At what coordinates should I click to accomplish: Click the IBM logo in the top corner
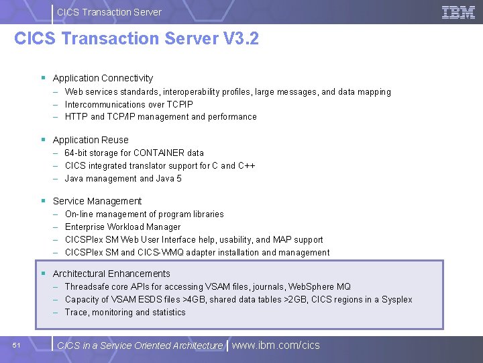(x=459, y=12)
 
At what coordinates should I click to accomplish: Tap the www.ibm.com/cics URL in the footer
(x=276, y=346)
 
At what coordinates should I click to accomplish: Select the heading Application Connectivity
(x=103, y=78)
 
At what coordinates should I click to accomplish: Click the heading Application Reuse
(x=91, y=140)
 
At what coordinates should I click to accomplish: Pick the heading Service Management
(x=97, y=201)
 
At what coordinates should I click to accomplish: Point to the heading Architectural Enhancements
(x=111, y=274)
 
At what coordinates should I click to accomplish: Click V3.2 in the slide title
(x=239, y=38)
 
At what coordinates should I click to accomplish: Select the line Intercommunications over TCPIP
(x=129, y=104)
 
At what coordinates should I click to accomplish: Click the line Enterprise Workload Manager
(x=123, y=227)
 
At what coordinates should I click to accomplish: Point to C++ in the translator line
(x=247, y=165)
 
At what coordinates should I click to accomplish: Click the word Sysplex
(x=396, y=299)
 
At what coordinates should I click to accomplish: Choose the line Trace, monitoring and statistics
(x=125, y=312)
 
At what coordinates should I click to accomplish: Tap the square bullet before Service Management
(x=43, y=201)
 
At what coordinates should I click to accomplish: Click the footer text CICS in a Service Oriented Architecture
(x=140, y=346)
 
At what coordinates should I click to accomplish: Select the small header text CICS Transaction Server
(x=109, y=11)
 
